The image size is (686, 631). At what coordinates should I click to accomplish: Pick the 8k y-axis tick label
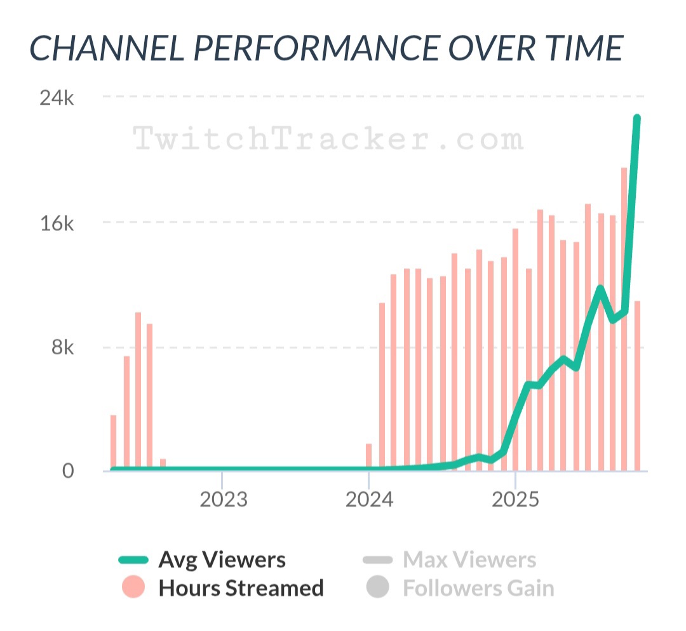[x=62, y=348]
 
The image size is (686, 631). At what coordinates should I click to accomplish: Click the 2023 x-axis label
[x=223, y=500]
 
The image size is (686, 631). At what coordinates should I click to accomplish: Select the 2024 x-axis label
[x=369, y=500]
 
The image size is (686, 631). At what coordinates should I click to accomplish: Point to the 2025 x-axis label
[x=516, y=500]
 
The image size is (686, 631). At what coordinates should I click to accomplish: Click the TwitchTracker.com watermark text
[x=329, y=138]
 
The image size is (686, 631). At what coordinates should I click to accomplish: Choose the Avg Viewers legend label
[x=222, y=560]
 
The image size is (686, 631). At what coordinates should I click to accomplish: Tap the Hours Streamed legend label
[x=241, y=588]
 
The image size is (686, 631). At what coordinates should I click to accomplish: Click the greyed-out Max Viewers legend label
[x=469, y=560]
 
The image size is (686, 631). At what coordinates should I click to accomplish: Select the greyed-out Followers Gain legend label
[x=478, y=588]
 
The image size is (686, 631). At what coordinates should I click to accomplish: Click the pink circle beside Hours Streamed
[x=133, y=588]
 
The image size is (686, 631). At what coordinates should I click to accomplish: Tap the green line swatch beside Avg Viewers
[x=133, y=560]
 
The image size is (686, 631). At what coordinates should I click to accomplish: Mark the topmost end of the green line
[x=636, y=119]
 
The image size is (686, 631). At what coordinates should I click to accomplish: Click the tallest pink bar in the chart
[x=624, y=317]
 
